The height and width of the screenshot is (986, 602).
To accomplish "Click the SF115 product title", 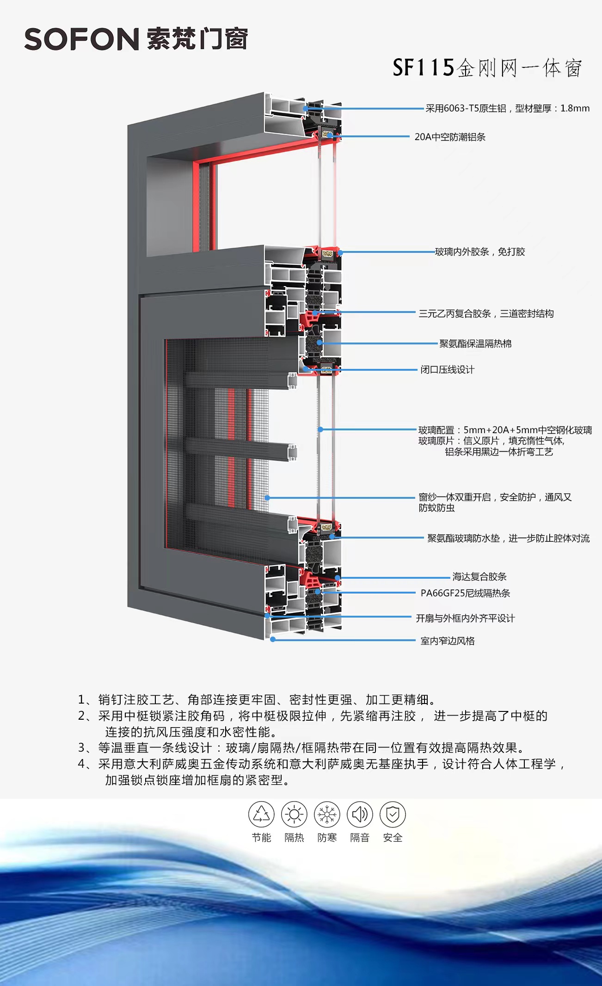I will click(487, 68).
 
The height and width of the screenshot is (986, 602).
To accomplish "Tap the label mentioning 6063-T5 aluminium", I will click(507, 109).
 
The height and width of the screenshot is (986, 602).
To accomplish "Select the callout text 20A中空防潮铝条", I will click(450, 137).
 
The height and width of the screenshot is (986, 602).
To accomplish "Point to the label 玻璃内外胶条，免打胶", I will click(480, 252).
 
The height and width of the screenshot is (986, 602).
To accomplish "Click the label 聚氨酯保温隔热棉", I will click(475, 343).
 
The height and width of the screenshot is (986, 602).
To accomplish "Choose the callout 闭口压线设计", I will click(447, 369).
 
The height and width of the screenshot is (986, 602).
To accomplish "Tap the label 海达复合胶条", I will click(479, 576).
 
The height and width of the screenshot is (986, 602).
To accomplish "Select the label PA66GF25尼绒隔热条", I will click(465, 593).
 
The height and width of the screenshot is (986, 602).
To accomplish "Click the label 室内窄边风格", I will click(448, 641).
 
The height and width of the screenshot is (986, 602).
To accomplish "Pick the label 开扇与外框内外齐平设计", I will click(465, 619).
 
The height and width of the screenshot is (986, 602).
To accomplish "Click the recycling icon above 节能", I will click(261, 814).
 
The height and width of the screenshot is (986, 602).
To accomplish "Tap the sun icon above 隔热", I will click(294, 814).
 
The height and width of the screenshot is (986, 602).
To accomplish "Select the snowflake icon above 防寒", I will click(327, 814).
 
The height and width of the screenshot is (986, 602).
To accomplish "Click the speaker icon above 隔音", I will click(360, 814).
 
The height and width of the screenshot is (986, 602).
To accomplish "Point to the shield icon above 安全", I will click(393, 814).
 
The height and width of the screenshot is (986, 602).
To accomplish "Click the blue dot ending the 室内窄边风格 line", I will click(273, 639).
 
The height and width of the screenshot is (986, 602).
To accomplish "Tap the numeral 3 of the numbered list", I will click(81, 748).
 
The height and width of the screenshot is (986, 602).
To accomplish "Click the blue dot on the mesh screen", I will click(267, 498).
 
